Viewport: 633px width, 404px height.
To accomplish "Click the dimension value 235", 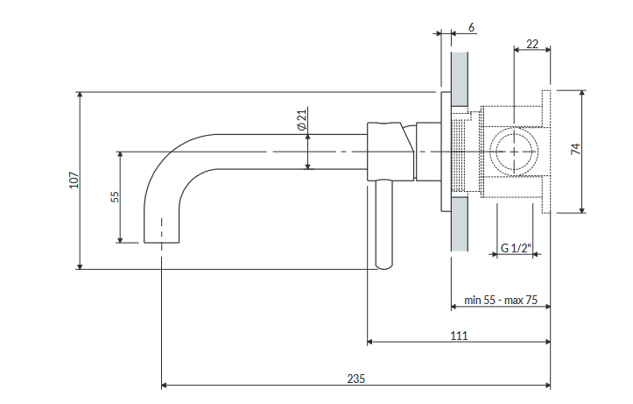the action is click(x=355, y=379).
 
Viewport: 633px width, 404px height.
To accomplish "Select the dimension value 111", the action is click(x=459, y=336).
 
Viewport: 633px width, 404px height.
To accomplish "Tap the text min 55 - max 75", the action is click(x=501, y=301).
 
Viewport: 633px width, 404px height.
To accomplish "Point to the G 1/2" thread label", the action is click(x=517, y=248).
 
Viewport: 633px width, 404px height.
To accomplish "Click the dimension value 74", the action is click(x=576, y=149).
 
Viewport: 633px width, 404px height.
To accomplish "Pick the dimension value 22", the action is click(x=532, y=44).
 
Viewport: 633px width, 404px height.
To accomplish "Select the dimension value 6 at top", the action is click(x=471, y=27).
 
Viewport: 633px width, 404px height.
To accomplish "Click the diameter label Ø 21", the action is click(x=301, y=119).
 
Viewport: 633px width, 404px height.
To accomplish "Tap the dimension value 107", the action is click(x=74, y=181).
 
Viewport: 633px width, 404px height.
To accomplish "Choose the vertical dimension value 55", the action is click(x=115, y=197).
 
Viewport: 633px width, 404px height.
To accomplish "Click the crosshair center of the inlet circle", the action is click(x=514, y=152).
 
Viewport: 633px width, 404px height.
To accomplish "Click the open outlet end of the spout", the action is click(x=161, y=243).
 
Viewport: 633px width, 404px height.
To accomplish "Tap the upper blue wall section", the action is click(x=460, y=79).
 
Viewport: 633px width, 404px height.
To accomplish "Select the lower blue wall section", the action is click(x=460, y=223).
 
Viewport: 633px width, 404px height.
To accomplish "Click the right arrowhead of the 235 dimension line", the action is click(x=548, y=386).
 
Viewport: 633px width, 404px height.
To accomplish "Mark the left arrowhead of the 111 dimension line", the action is click(x=369, y=342).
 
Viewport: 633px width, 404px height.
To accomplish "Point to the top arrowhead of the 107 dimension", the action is click(x=80, y=95).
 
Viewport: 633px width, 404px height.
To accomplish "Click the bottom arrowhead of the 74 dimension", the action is click(x=581, y=209).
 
